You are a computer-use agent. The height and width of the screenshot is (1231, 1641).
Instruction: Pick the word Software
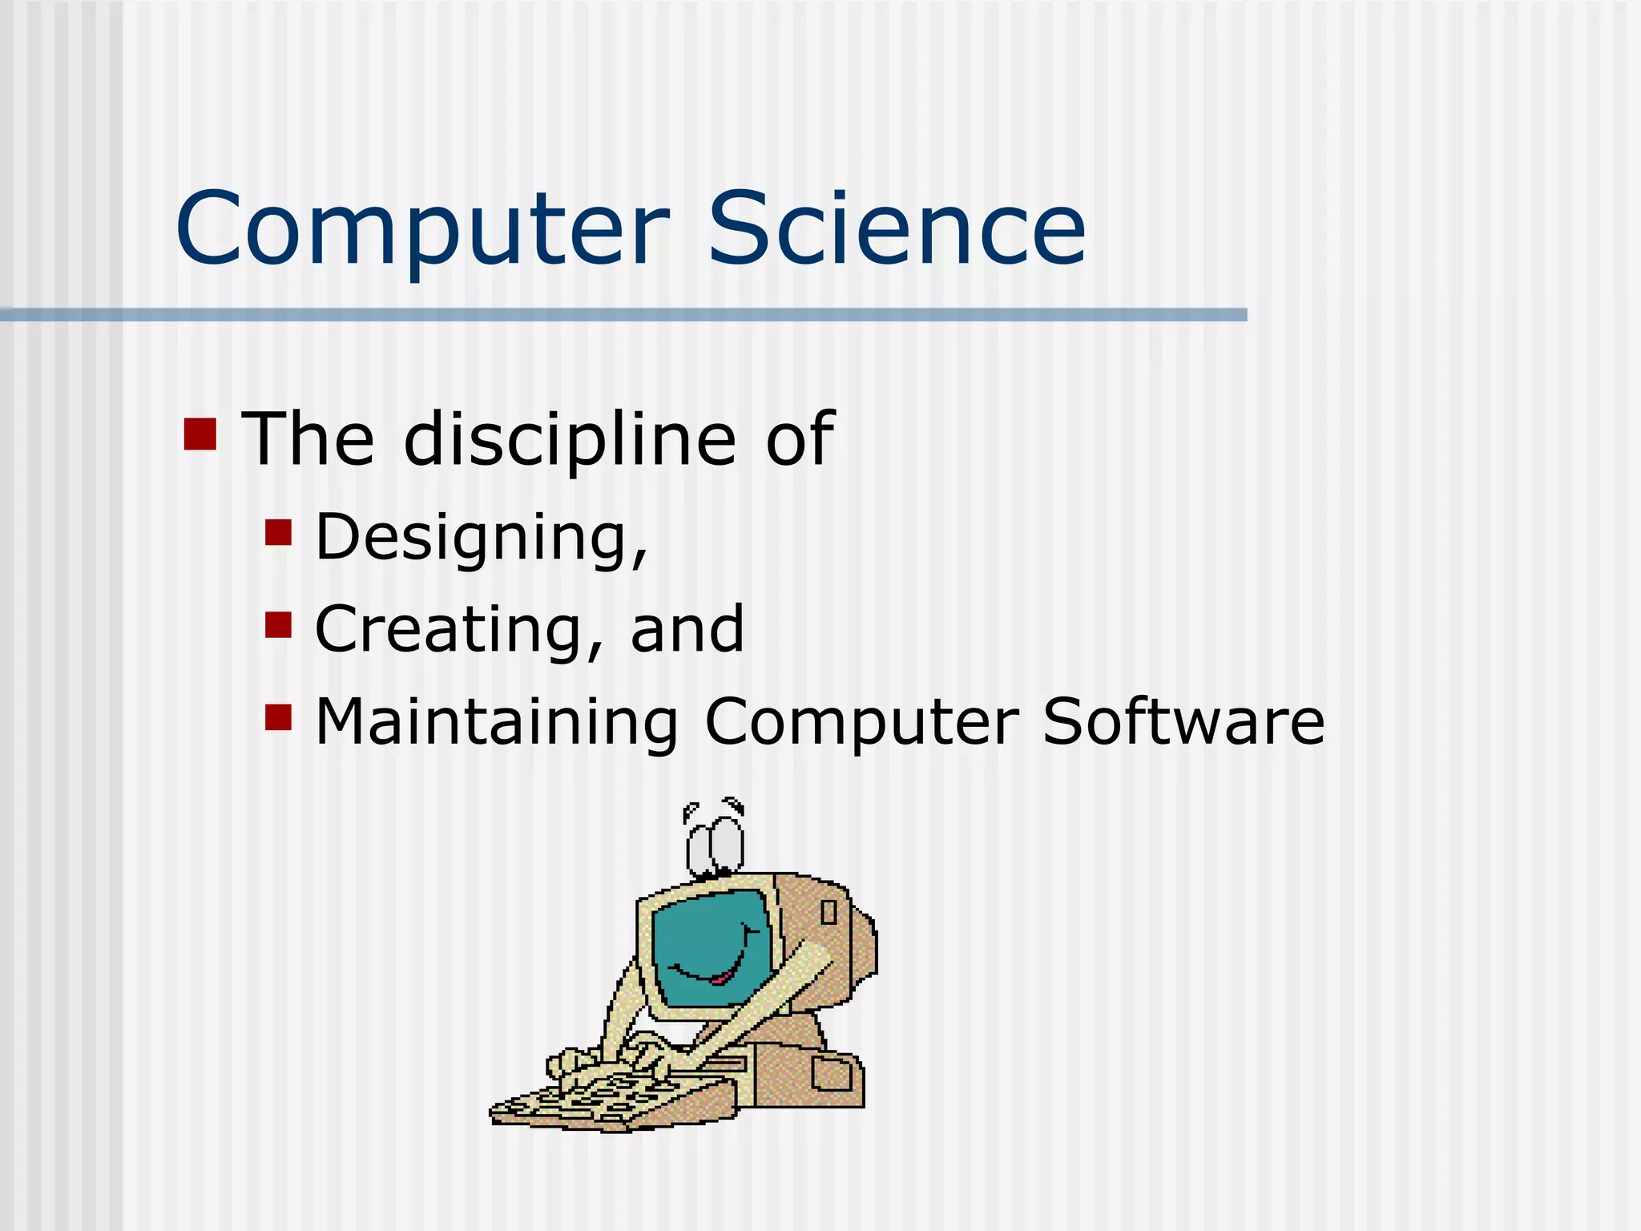pyautogui.click(x=1183, y=721)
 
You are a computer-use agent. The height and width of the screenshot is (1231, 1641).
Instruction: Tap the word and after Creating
pyautogui.click(x=687, y=630)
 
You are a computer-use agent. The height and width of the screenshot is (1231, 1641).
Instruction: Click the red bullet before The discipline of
pyautogui.click(x=200, y=434)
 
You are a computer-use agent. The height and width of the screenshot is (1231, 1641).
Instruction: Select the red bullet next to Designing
pyautogui.click(x=278, y=532)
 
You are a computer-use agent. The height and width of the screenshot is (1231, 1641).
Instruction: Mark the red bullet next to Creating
pyautogui.click(x=278, y=624)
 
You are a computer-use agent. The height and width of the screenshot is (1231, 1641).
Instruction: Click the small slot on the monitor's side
pyautogui.click(x=829, y=912)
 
